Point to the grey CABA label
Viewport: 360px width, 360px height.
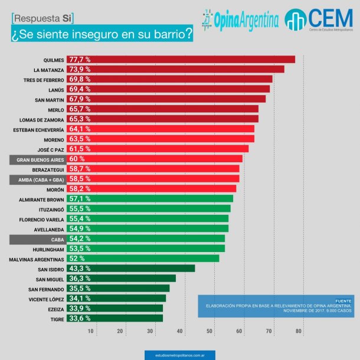(x=47, y=239)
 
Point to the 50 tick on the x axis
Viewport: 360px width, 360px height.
(x=210, y=331)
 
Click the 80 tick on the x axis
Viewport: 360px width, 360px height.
(x=299, y=331)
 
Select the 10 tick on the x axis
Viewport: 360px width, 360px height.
(x=91, y=331)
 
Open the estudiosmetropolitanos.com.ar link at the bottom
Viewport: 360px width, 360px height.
(x=179, y=355)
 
